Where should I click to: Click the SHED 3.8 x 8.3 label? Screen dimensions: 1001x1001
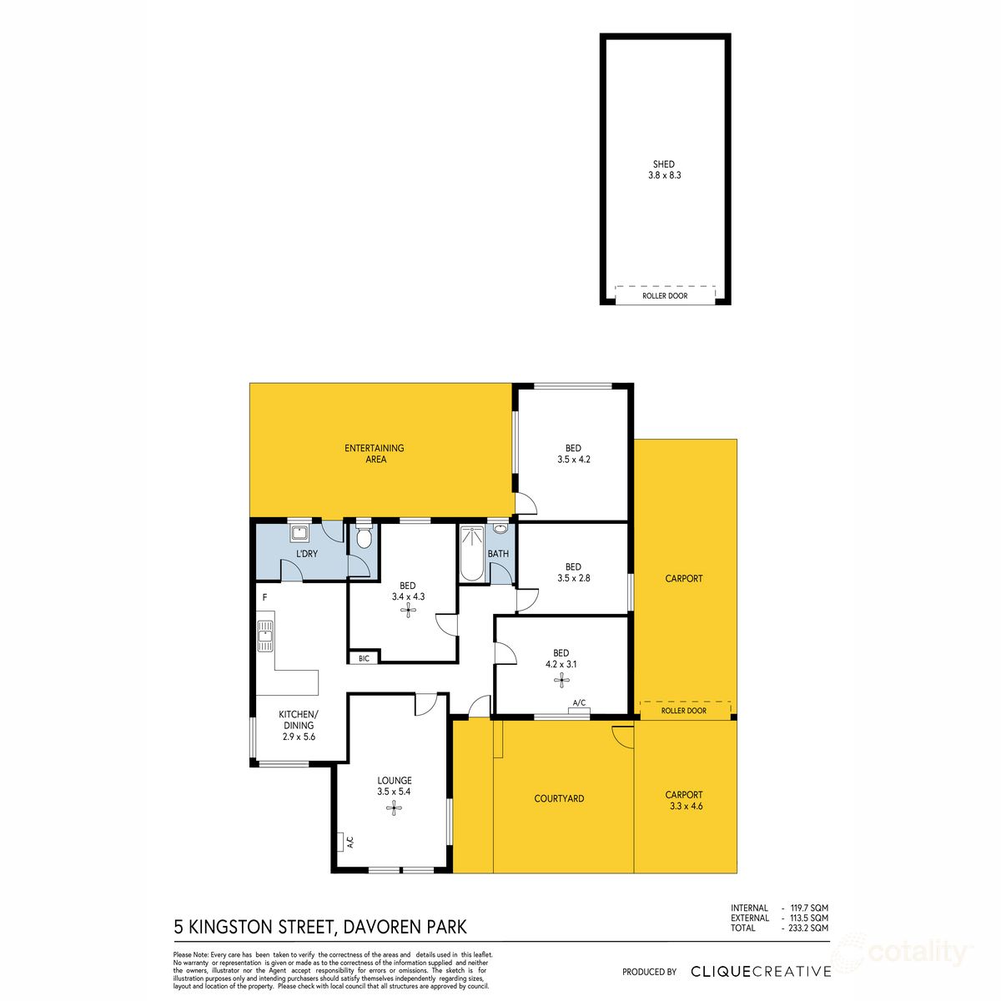(664, 170)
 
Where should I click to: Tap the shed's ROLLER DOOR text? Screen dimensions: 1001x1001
(665, 296)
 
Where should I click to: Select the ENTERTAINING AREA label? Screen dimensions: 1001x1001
(375, 453)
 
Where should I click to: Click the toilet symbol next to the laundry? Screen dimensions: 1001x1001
(363, 538)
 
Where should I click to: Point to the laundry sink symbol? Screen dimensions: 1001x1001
(299, 533)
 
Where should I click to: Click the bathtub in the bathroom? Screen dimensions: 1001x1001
(470, 552)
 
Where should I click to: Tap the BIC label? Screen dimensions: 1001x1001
(364, 658)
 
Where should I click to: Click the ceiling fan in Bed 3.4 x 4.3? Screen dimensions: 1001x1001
(408, 611)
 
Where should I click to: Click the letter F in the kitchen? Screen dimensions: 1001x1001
(264, 598)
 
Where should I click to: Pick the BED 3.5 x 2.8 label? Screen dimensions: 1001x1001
(573, 571)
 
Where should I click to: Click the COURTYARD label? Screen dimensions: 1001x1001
(559, 798)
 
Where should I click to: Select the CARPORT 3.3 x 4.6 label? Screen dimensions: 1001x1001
(684, 800)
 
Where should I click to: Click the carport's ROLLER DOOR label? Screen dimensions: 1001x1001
(683, 711)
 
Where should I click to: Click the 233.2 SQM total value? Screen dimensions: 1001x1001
(808, 928)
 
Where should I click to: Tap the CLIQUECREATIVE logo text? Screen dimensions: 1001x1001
(761, 971)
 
